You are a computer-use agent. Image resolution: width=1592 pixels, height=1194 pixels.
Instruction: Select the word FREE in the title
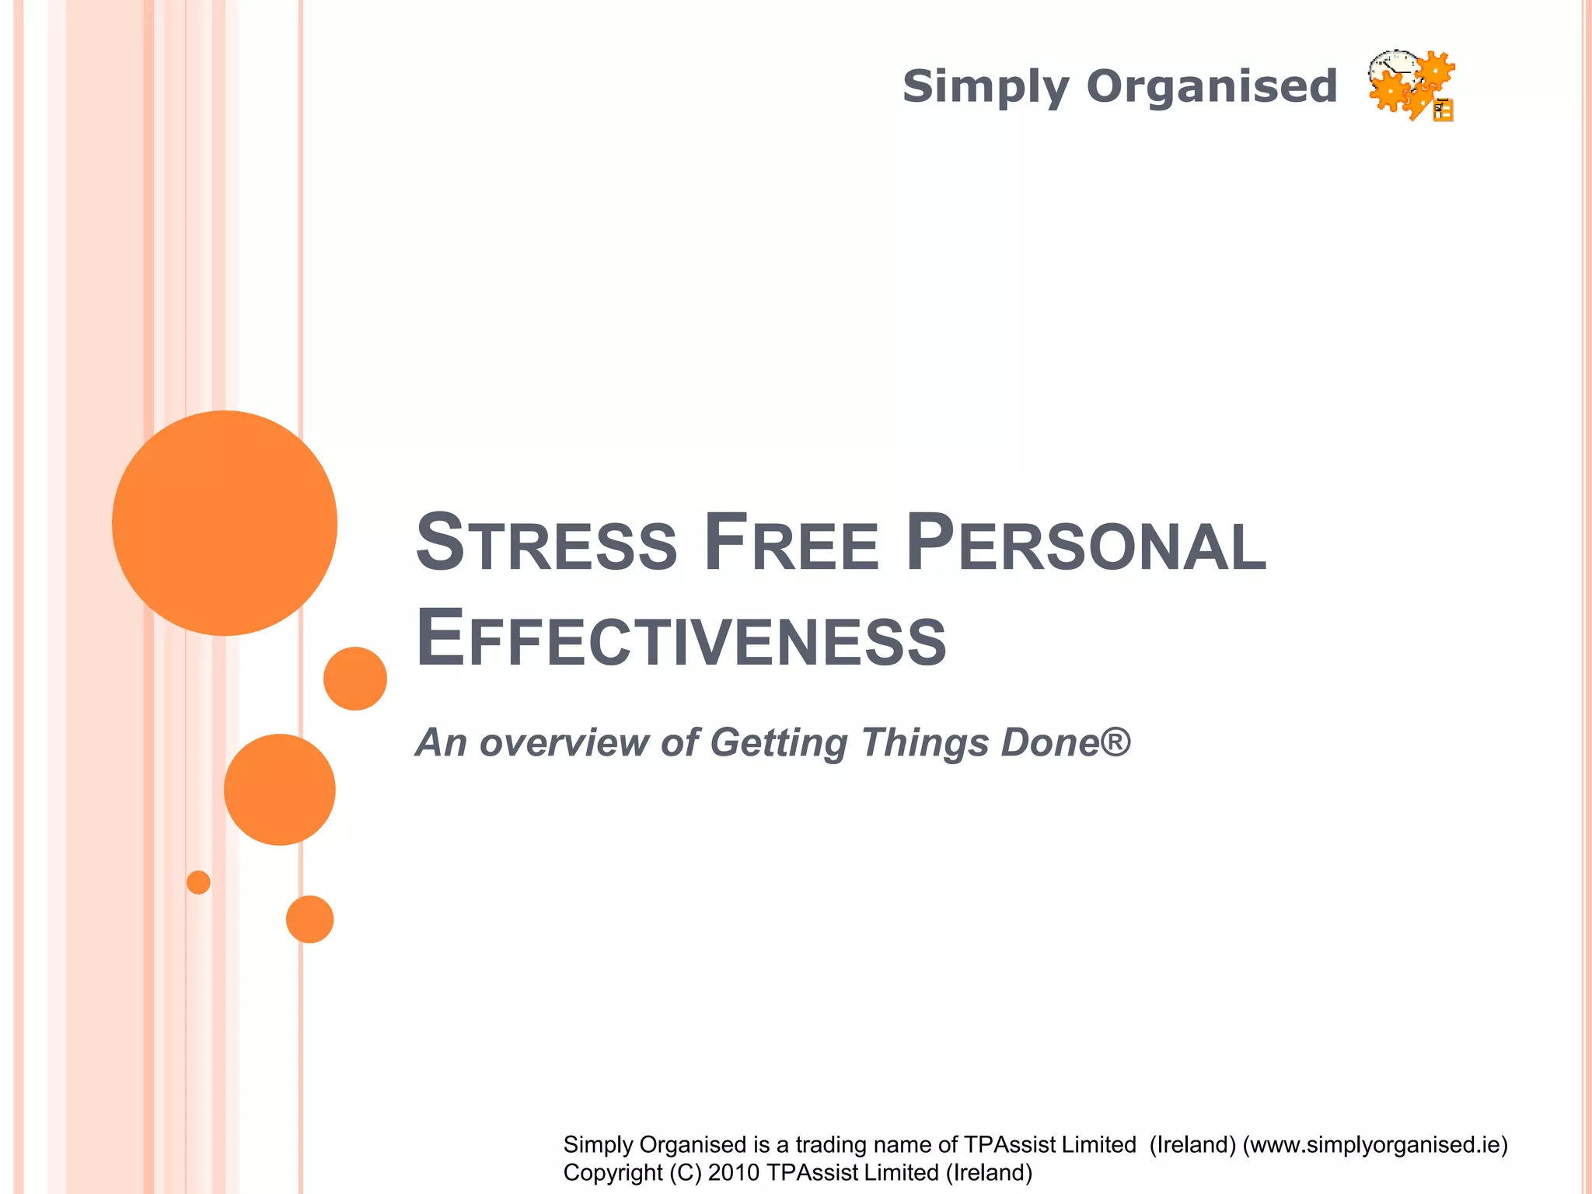[x=792, y=542]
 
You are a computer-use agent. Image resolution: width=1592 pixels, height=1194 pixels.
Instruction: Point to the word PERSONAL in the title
[x=1086, y=542]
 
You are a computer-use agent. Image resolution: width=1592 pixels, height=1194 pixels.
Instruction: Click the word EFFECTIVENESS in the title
[x=681, y=638]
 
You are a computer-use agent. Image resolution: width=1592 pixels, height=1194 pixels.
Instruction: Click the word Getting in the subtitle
[x=778, y=742]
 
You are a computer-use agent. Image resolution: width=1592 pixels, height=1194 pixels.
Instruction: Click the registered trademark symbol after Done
[x=1116, y=740]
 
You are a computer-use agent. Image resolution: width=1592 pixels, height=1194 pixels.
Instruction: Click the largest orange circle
[x=225, y=523]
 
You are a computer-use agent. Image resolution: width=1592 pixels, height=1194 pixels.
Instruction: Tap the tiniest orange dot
[x=198, y=882]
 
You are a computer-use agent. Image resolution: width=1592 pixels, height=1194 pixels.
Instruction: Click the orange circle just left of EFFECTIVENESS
[x=355, y=679]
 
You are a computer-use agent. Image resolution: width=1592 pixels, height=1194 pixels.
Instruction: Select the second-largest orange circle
[x=280, y=790]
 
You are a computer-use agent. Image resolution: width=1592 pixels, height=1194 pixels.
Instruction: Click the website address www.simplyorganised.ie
[x=1374, y=1144]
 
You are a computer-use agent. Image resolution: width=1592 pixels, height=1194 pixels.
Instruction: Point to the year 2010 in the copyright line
[x=733, y=1172]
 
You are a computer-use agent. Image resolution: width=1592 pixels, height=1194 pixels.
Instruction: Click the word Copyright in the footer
[x=613, y=1172]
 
